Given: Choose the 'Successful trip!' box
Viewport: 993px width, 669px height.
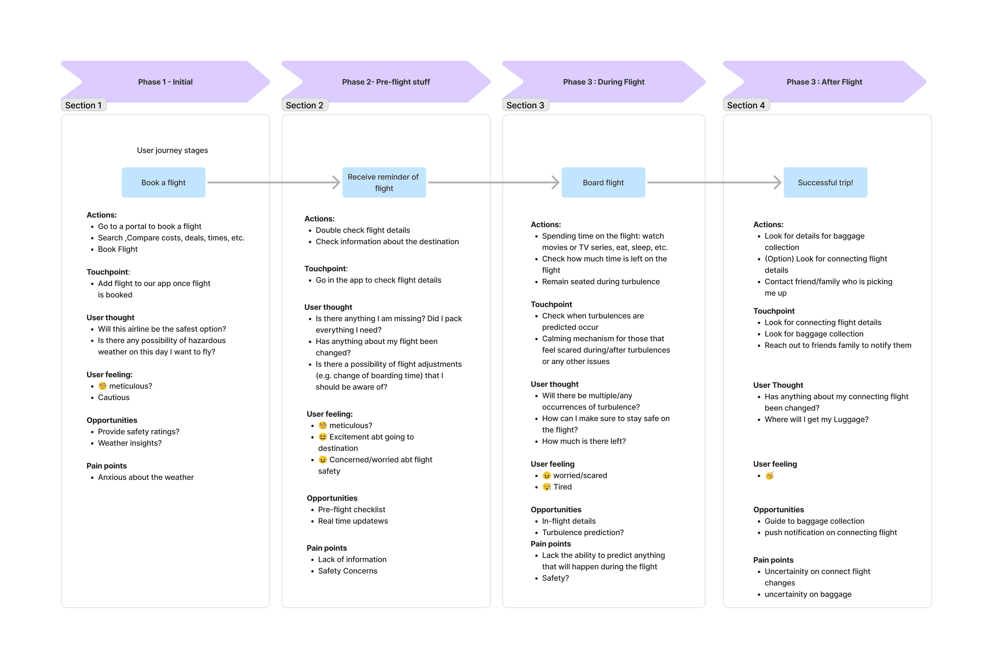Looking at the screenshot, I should tap(825, 183).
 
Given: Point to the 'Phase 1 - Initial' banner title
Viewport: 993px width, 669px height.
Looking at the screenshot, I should tap(165, 82).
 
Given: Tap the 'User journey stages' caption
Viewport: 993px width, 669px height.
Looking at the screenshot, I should tap(172, 150).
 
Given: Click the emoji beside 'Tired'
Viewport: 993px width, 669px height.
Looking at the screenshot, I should tap(546, 487).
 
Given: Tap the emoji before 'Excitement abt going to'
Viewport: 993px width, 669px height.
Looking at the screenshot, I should tap(323, 437).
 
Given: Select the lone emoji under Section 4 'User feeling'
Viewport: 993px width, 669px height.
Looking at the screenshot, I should tap(769, 476).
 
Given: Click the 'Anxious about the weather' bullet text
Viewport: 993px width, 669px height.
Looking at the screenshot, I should tap(146, 477).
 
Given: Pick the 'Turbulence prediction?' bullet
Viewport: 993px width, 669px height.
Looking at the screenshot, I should tap(583, 532).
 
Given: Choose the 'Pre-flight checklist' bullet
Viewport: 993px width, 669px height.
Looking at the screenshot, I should tap(351, 509).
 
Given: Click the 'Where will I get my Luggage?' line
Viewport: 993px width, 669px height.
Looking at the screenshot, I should tap(816, 419).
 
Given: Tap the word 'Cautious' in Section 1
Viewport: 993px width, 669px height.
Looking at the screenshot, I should tap(114, 397).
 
